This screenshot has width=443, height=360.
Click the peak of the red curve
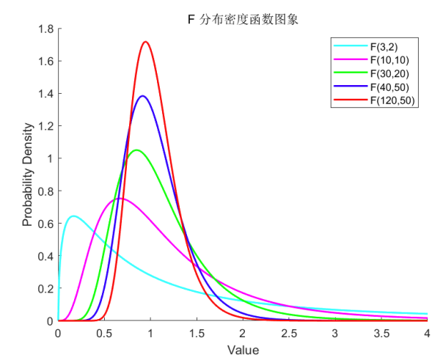pos(145,42)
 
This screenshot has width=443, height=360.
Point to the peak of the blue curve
pos(142,96)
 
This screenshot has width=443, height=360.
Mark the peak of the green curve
pos(136,150)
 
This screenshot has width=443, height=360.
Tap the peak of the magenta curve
pos(120,198)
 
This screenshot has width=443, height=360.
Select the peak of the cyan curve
pos(73,216)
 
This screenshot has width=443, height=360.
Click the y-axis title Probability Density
pos(27,176)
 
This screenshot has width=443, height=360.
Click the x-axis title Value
pos(242,350)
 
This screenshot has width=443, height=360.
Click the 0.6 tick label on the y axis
pos(45,224)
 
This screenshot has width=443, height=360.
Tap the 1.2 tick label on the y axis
pos(45,126)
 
